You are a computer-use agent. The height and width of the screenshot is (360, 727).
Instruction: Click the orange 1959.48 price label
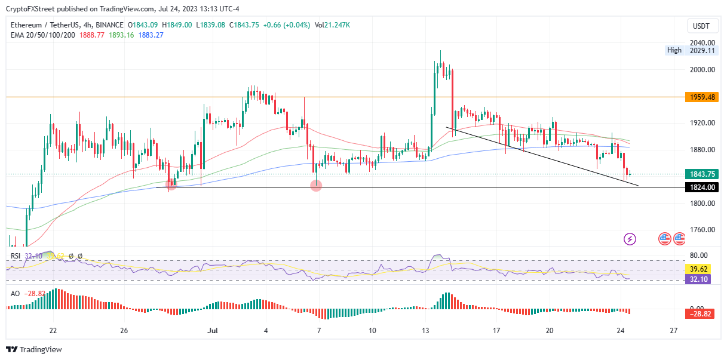[701, 97]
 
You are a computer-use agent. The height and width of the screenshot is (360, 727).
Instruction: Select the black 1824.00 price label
[701, 187]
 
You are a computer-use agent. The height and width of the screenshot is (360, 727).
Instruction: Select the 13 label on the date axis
[426, 330]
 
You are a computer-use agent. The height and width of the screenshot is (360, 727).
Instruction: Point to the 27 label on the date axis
[674, 330]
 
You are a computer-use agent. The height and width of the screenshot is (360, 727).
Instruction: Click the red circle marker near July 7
[317, 186]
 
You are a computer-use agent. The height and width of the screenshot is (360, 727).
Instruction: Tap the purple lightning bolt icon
[630, 239]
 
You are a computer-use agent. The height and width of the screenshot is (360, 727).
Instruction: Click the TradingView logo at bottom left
[34, 349]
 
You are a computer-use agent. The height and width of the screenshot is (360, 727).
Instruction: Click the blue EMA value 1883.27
[151, 35]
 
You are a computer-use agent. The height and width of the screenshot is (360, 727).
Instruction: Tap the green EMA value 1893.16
[121, 35]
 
